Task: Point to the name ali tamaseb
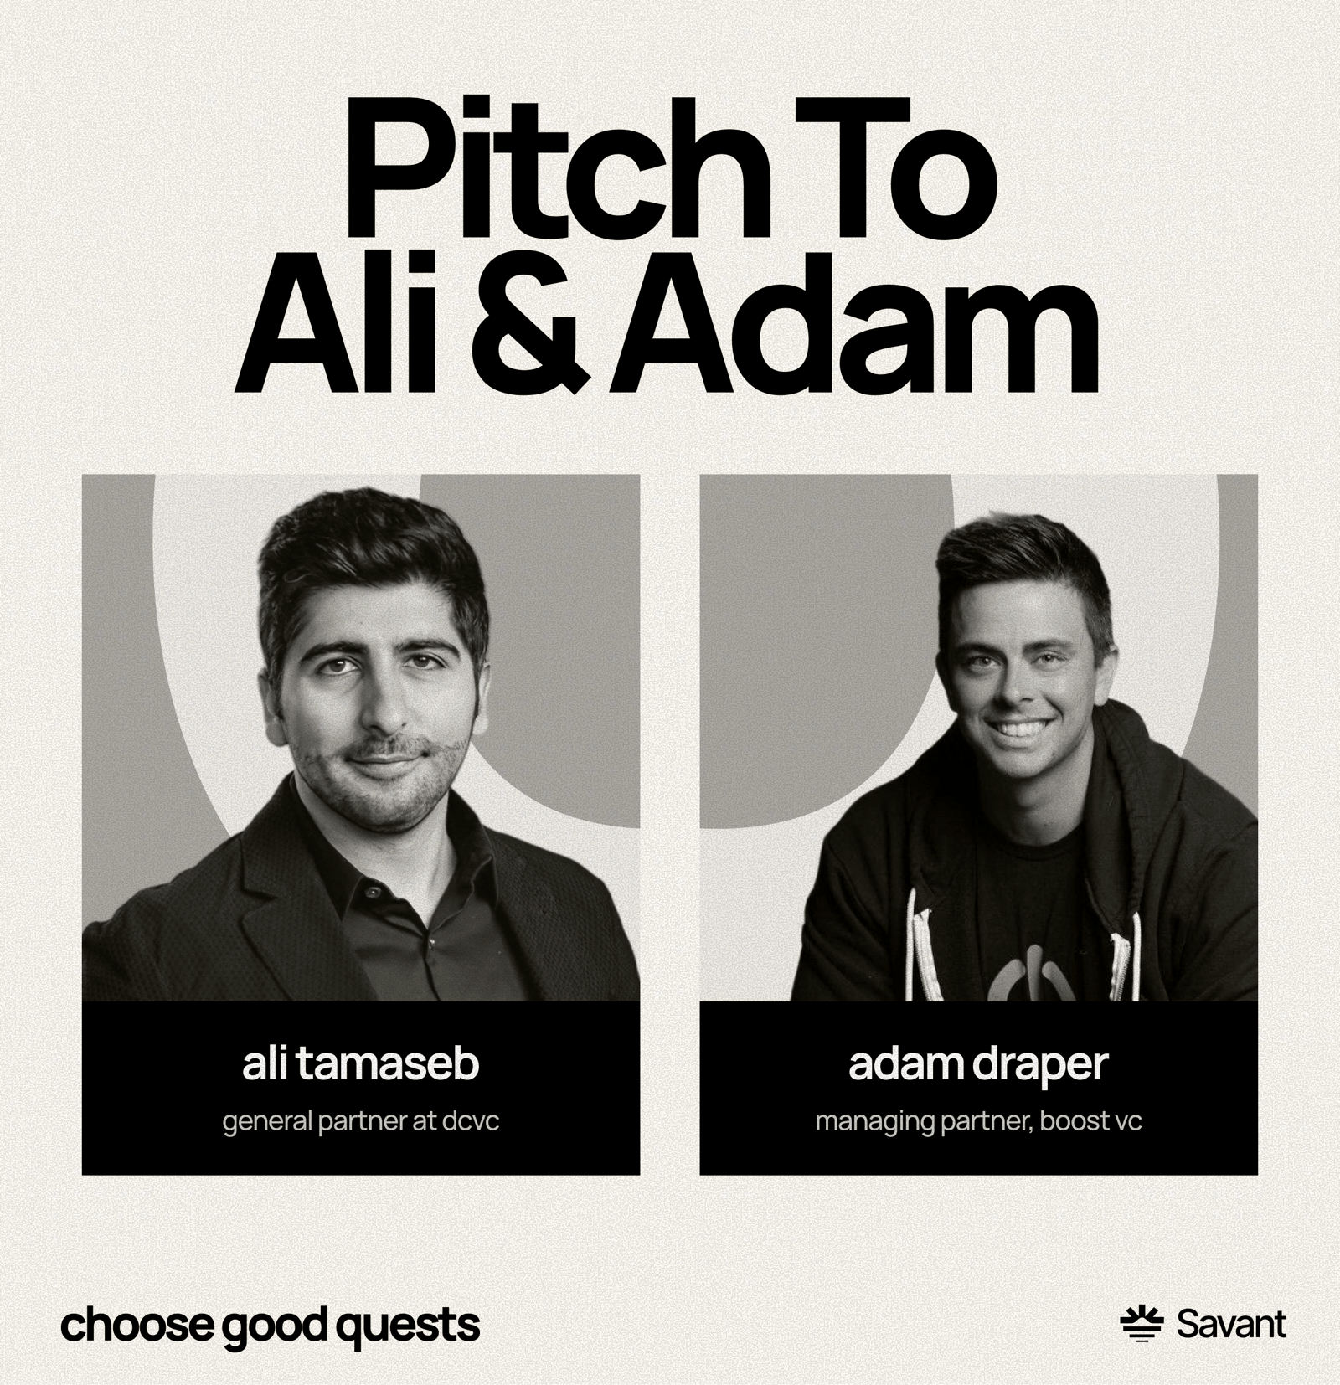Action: (361, 1063)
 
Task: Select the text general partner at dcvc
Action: (361, 1121)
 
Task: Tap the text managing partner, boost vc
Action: (978, 1121)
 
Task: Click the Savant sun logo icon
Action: (1142, 1324)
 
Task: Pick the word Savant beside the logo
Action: (1231, 1324)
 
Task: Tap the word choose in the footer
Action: (134, 1325)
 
